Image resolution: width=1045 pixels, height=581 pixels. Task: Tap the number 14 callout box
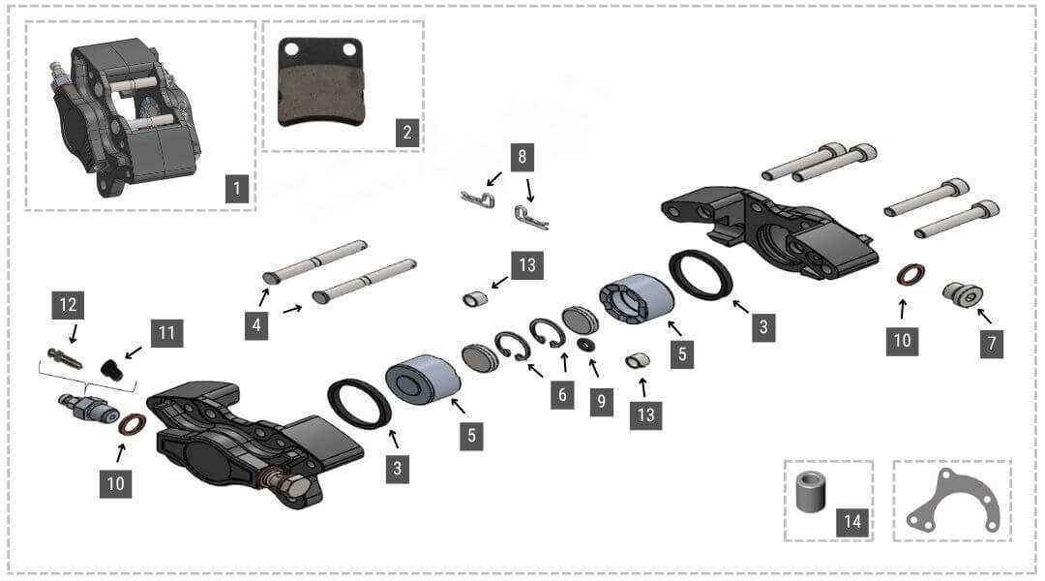pyautogui.click(x=851, y=521)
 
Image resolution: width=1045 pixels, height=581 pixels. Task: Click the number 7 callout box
pyautogui.click(x=991, y=342)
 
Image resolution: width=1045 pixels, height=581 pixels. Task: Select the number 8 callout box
pyautogui.click(x=522, y=156)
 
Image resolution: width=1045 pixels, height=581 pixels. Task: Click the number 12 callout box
pyautogui.click(x=69, y=305)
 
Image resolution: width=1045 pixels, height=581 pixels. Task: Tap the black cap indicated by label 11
pyautogui.click(x=111, y=369)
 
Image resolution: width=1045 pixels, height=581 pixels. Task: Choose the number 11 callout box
pyautogui.click(x=165, y=334)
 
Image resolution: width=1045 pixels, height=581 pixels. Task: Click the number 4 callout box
pyautogui.click(x=256, y=325)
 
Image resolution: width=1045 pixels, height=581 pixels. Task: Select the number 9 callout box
pyautogui.click(x=601, y=401)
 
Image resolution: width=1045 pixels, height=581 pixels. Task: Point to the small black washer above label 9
pyautogui.click(x=586, y=344)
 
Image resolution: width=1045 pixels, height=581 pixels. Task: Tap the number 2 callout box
pyautogui.click(x=407, y=133)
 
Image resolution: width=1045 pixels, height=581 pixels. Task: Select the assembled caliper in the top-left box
pyautogui.click(x=124, y=111)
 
